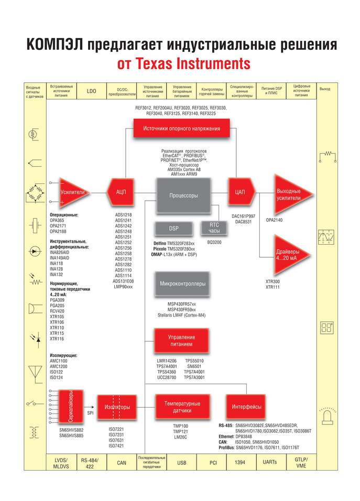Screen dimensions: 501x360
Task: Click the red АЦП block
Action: pyautogui.click(x=121, y=193)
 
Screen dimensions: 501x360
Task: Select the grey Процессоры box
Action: pyautogui.click(x=183, y=195)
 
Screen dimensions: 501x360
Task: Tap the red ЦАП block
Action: pyautogui.click(x=240, y=192)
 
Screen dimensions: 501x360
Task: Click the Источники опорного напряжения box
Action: pyautogui.click(x=182, y=128)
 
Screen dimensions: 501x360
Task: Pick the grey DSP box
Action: pyautogui.click(x=173, y=229)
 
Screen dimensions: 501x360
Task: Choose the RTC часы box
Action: pyautogui.click(x=214, y=228)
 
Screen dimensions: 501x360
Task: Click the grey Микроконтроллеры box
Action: pyautogui.click(x=183, y=284)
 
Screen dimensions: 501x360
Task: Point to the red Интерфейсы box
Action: pyautogui.click(x=247, y=407)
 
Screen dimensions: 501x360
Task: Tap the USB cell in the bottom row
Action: pyautogui.click(x=182, y=462)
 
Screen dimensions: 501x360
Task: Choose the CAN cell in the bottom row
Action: pyautogui.click(x=122, y=462)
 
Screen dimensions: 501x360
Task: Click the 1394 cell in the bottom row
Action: pyautogui.click(x=243, y=462)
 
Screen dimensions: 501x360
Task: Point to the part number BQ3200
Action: pyautogui.click(x=214, y=243)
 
